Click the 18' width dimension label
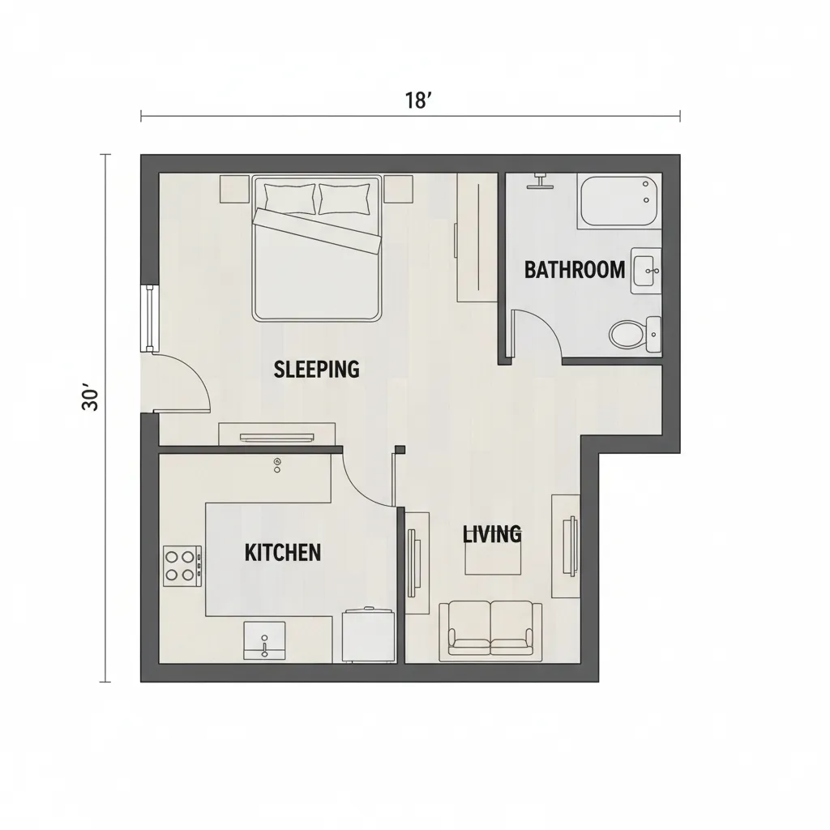(x=417, y=101)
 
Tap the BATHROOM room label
(x=574, y=270)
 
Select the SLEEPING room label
(x=316, y=370)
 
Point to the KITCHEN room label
(x=282, y=553)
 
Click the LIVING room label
(x=491, y=534)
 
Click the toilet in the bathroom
(x=627, y=333)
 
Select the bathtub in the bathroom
(x=619, y=202)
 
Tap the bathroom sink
(x=646, y=269)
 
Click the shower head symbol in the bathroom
(x=538, y=180)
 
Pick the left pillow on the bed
(x=289, y=198)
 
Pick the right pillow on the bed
(x=345, y=198)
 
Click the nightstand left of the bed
(x=235, y=190)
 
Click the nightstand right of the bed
(x=398, y=190)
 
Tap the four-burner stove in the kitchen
(x=182, y=566)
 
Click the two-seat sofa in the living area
(x=490, y=629)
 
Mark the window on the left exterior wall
(x=149, y=318)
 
